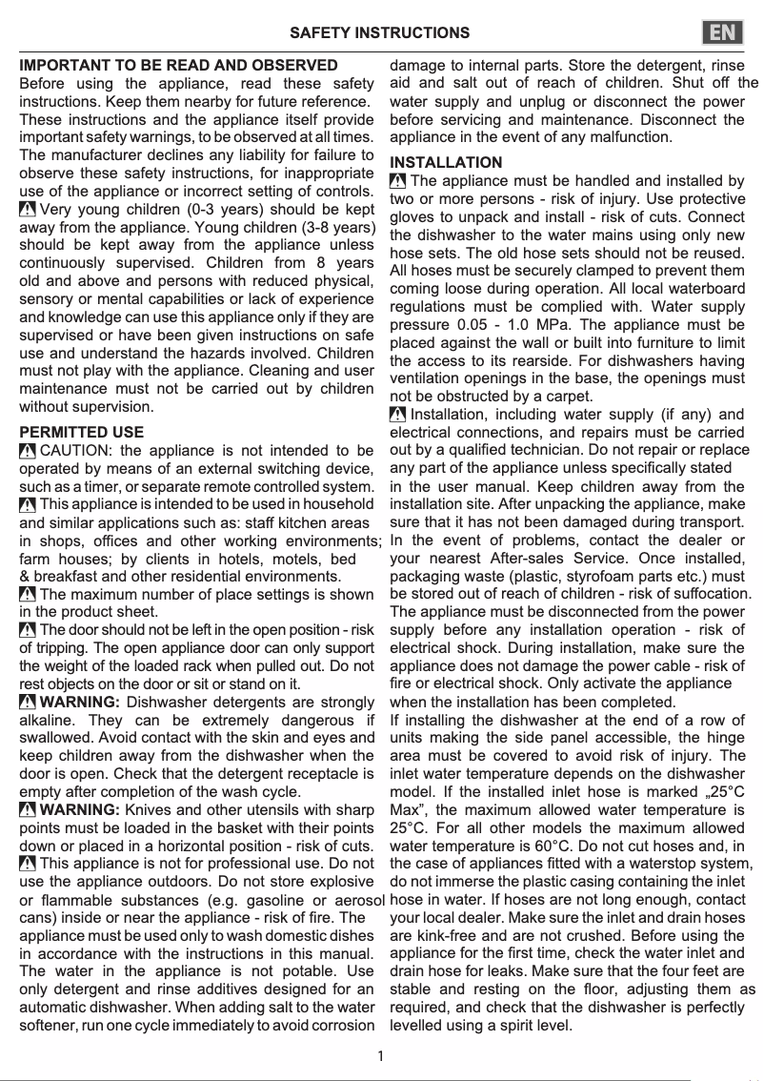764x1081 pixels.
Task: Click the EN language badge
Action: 724,32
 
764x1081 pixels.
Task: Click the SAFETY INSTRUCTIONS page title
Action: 379,32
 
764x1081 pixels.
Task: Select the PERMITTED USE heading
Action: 82,433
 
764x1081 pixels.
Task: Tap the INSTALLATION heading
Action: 446,163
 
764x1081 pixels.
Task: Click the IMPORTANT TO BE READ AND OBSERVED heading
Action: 178,66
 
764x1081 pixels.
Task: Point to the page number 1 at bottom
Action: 381,1055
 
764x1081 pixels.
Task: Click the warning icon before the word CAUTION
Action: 28,451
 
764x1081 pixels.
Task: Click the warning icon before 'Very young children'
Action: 28,210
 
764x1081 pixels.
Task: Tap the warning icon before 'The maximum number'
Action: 28,595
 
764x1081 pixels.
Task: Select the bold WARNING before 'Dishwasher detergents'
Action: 80,704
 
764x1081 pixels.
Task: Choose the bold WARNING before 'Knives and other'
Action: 80,810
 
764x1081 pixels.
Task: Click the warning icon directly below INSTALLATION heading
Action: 398,181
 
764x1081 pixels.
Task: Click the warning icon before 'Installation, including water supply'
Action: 398,415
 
